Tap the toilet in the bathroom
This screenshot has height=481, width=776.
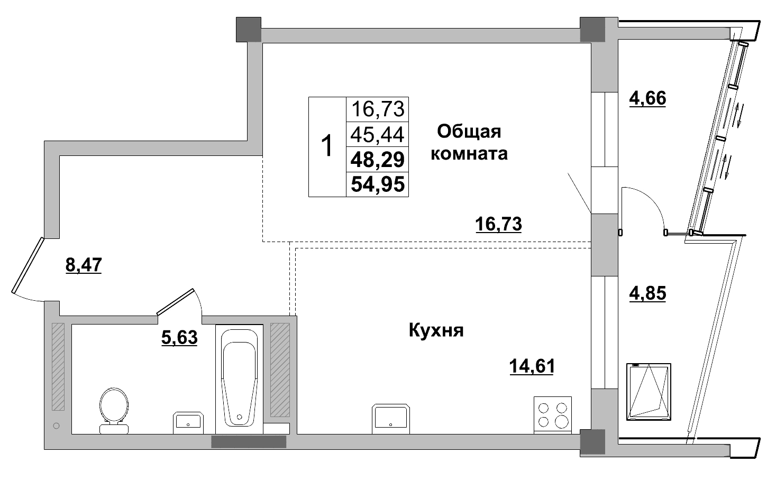tap(113, 410)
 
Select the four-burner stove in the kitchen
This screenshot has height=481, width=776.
tap(553, 414)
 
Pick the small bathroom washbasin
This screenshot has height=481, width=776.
tap(188, 422)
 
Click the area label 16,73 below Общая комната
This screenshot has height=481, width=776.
tap(498, 224)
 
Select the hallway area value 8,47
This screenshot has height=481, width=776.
tap(84, 264)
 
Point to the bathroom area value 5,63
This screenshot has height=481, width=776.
tap(179, 337)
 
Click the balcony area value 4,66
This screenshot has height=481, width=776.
tap(647, 98)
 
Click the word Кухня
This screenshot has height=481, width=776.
tap(436, 331)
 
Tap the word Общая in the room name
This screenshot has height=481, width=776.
tap(469, 131)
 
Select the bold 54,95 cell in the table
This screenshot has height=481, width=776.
tap(378, 184)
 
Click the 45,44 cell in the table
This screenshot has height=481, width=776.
tap(378, 135)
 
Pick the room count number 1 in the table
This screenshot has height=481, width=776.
tap(327, 146)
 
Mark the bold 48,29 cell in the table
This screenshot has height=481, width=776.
tap(378, 159)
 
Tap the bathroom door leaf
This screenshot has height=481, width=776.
tap(176, 302)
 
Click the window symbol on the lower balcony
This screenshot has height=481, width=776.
tap(649, 392)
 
